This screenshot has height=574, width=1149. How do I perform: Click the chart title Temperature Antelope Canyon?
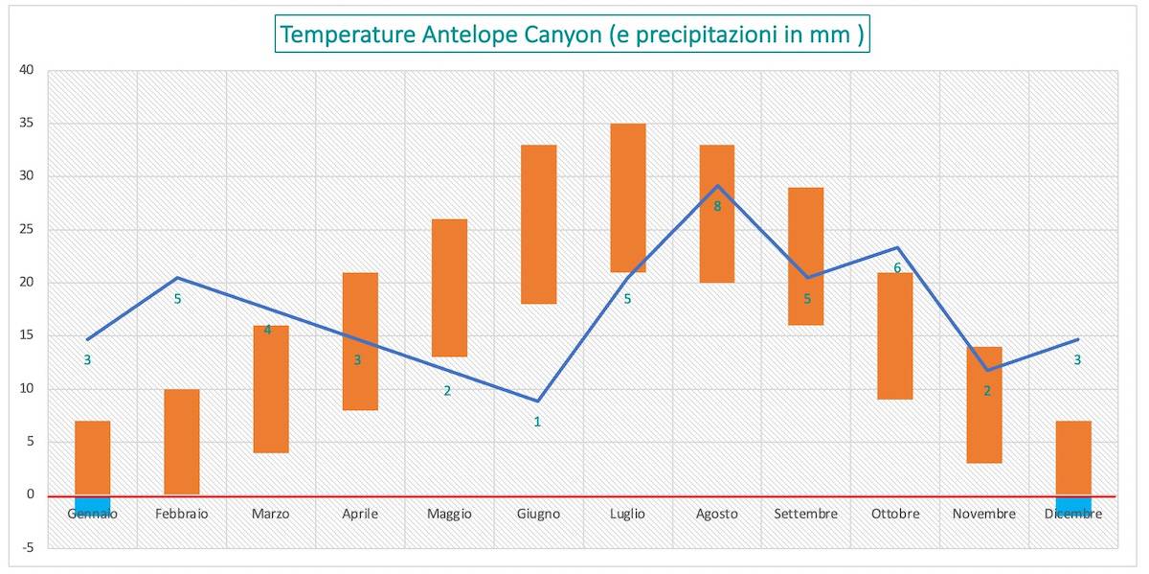572,34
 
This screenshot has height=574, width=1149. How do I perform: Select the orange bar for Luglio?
627,197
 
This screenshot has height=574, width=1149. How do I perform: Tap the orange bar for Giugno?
538,224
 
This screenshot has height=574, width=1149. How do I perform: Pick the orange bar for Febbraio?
181,442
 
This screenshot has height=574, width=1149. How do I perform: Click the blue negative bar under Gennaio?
92,505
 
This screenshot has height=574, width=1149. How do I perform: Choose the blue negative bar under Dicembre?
1073,505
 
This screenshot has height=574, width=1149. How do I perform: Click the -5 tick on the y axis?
28,548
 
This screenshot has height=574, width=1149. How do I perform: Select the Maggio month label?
449,515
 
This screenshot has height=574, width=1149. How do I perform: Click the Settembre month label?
805,515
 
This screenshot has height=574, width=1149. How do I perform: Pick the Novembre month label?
983,515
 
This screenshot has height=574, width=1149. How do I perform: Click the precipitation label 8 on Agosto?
716,205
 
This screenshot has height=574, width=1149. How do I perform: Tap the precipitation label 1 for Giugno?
537,422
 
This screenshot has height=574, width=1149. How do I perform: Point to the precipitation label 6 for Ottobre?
897,268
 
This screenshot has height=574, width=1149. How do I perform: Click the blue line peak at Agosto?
717,186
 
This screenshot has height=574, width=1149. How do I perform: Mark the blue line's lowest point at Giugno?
539,401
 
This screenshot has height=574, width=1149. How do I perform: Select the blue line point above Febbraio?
177,278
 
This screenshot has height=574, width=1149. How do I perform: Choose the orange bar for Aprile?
360,341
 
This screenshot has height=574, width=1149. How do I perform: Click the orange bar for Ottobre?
894,335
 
